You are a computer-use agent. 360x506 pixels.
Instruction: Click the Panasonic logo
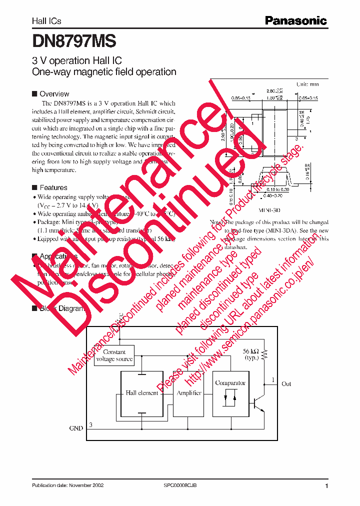[x=296, y=20]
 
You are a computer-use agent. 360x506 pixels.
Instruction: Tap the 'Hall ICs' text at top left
[x=46, y=21]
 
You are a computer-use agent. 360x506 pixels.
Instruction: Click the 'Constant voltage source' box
[x=114, y=355]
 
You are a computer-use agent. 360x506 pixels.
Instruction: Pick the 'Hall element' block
[x=142, y=393]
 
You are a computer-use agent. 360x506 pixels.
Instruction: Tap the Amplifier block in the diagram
[x=189, y=393]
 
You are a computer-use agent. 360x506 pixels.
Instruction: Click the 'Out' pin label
[x=286, y=384]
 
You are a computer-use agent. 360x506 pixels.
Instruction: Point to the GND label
[x=76, y=428]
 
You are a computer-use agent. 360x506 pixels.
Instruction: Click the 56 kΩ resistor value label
[x=251, y=354]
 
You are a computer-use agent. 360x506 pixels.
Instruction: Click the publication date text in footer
[x=68, y=485]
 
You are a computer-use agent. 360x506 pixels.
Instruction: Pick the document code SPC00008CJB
[x=183, y=485]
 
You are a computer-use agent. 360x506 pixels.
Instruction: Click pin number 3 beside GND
[x=90, y=425]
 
